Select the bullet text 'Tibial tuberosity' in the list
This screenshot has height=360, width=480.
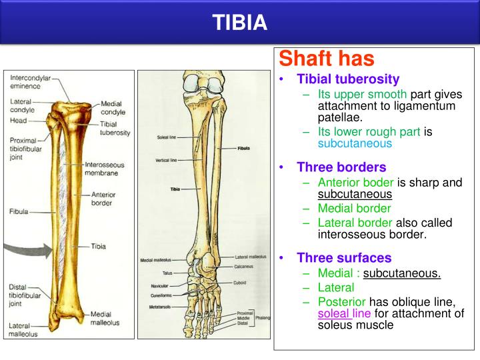point(348,79)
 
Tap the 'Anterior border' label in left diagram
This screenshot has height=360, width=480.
point(108,200)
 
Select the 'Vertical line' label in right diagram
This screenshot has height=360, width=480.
point(165,160)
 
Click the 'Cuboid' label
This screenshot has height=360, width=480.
point(241,282)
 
